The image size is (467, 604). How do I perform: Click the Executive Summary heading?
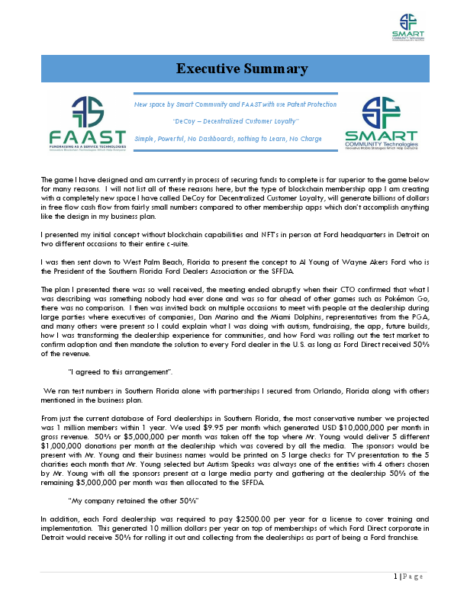[x=242, y=69]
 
